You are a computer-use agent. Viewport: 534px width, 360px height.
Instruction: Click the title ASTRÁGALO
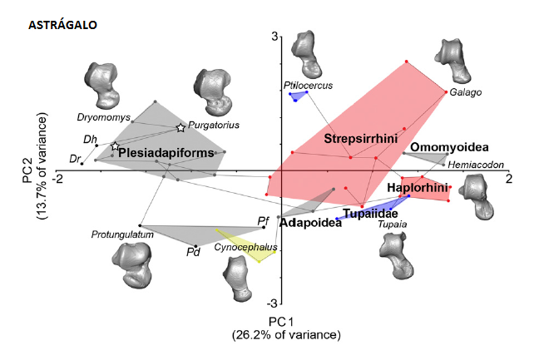tap(62, 26)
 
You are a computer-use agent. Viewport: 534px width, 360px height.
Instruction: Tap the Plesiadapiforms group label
tap(166, 153)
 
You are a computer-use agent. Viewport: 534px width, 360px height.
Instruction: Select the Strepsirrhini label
tap(358, 137)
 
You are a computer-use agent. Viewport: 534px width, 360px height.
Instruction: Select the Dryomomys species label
tap(101, 116)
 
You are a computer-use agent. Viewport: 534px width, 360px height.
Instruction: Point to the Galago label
tap(466, 92)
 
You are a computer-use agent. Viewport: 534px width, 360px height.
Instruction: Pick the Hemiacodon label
tap(475, 165)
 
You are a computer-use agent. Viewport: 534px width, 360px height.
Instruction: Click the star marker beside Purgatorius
tap(180, 127)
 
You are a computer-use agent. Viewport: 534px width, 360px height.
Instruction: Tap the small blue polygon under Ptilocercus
tap(299, 96)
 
